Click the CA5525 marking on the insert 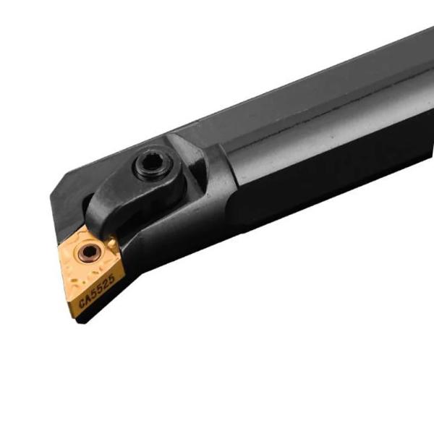point(97,292)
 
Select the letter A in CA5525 point(88,298)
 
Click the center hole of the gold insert point(88,252)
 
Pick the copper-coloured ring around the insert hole point(88,252)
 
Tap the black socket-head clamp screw point(153,165)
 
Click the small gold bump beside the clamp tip point(111,243)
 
